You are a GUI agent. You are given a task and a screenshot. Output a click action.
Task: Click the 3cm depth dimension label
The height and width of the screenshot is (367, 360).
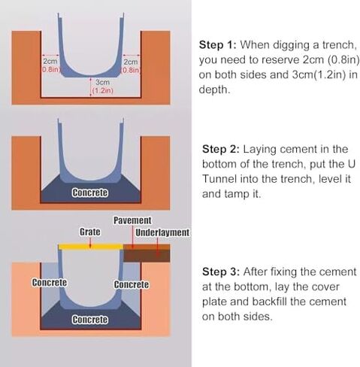coord(102,82)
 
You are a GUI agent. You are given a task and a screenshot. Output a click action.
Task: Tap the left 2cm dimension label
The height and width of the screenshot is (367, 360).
coord(50,62)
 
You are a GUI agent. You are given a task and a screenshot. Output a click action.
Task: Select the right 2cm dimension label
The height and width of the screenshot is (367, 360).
coord(131,62)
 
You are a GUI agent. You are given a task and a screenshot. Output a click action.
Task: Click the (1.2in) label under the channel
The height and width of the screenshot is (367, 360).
coord(103,90)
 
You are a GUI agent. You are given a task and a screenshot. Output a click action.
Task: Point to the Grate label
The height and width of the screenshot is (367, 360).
coord(90,232)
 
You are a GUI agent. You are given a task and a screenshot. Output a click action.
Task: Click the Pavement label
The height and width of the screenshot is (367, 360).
coord(132,220)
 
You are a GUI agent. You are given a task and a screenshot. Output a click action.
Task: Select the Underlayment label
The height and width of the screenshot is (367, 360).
coord(162,232)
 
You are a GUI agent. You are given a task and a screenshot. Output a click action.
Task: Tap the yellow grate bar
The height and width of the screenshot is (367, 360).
coord(91,247)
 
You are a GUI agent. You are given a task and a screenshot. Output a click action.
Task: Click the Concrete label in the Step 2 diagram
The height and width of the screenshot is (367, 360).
coord(90,193)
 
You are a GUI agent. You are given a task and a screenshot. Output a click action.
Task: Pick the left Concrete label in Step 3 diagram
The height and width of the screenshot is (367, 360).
coord(50,283)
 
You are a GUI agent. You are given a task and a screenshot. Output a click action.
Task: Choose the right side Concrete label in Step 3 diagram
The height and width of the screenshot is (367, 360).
coord(132,284)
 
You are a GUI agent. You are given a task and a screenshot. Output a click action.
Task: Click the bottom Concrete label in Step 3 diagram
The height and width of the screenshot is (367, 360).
coord(90,320)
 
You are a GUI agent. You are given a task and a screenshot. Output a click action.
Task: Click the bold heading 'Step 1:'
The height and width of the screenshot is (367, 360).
coord(218,45)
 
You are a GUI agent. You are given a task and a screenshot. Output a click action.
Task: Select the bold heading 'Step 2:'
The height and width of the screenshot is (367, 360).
coord(221,149)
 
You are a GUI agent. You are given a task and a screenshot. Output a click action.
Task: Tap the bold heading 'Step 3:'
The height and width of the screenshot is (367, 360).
coord(221,271)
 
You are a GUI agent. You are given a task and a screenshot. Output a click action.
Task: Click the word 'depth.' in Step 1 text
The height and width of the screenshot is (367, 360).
coord(214,89)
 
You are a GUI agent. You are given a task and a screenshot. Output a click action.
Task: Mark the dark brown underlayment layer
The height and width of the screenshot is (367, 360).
coord(147,256)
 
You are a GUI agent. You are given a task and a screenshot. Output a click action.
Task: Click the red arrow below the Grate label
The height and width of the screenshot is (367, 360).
coord(90,242)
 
